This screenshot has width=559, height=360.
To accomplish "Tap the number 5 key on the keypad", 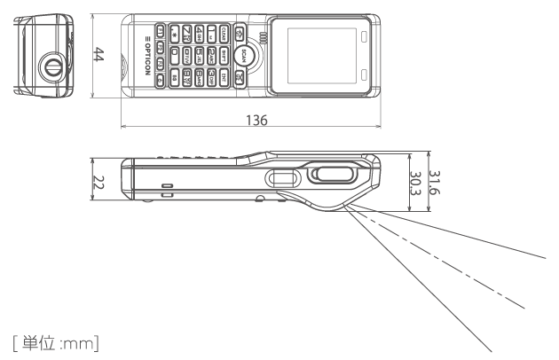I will pyautogui.click(x=200, y=54).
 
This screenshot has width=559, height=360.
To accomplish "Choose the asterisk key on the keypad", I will pyautogui.click(x=174, y=35).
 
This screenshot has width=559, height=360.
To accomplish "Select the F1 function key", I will pyautogui.click(x=160, y=33).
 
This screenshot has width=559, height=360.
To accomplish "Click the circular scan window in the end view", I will pyautogui.click(x=51, y=67).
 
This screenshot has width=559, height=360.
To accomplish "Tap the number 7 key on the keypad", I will pyautogui.click(x=186, y=35).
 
